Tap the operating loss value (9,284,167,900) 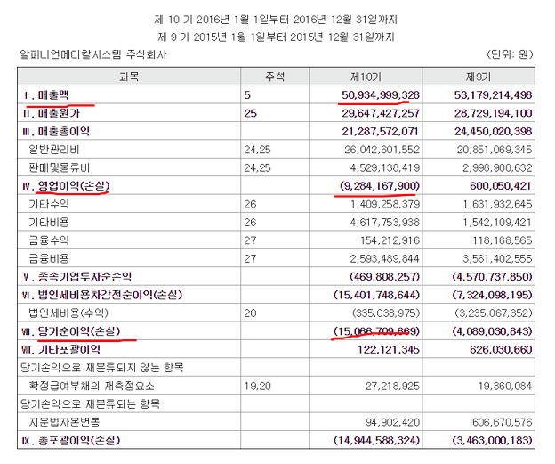point(378,186)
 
